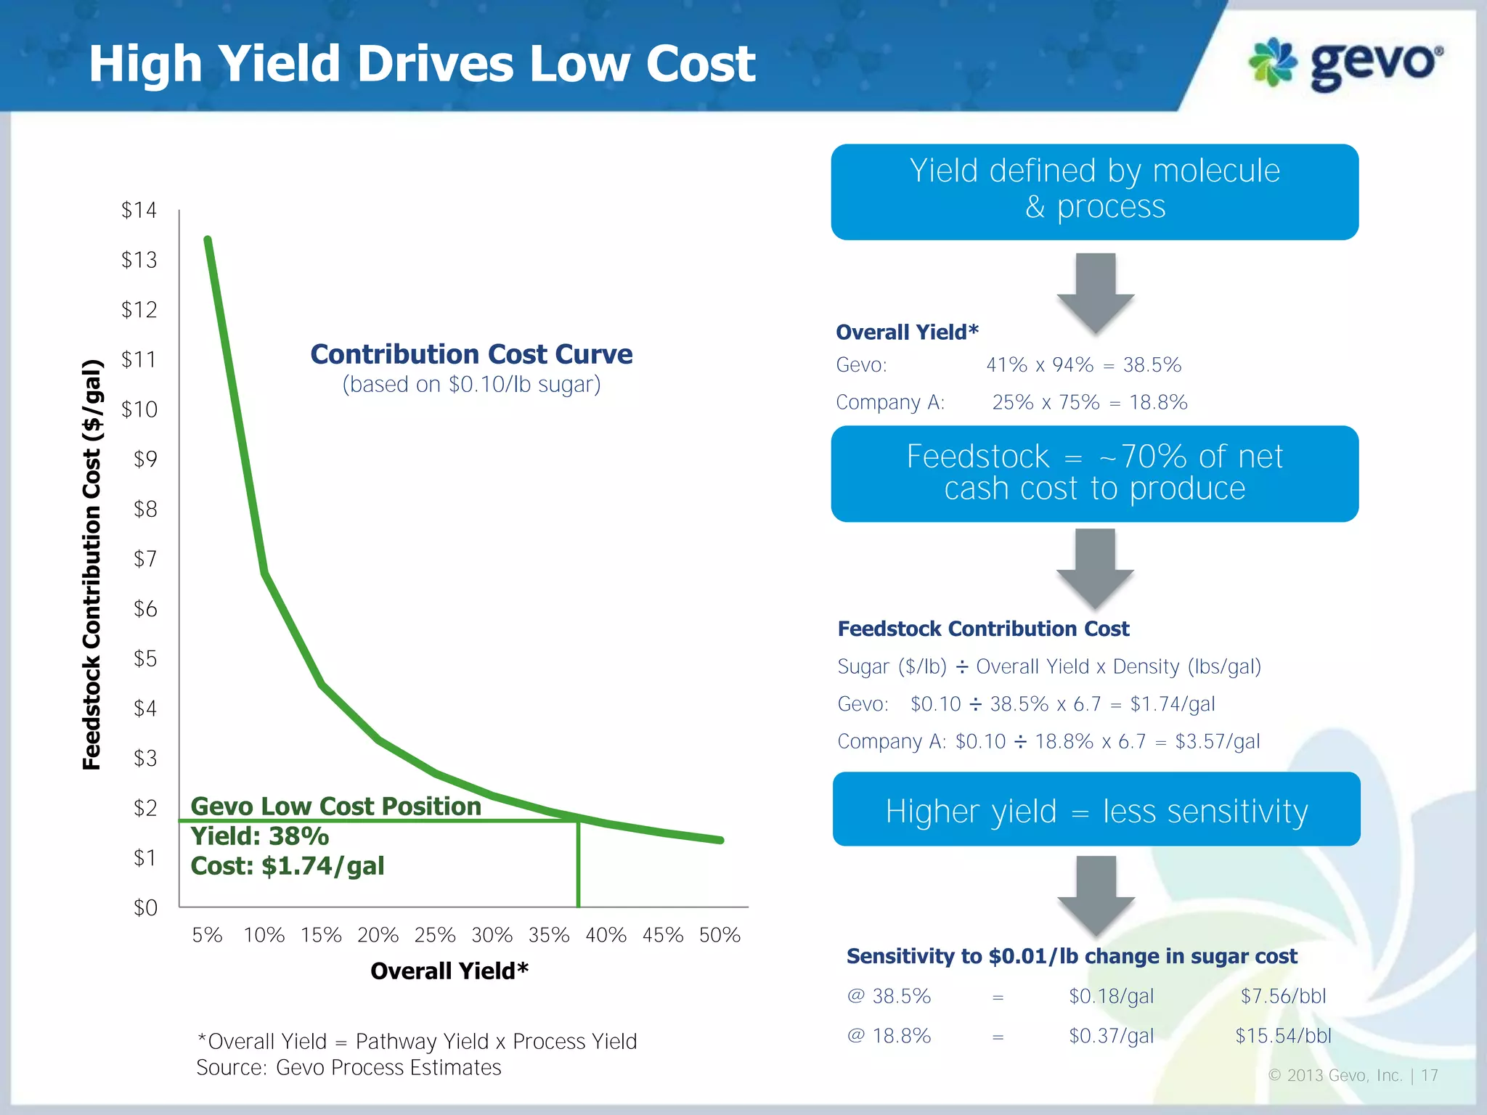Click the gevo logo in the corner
(1345, 64)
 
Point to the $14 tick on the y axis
(139, 211)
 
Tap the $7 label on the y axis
(145, 559)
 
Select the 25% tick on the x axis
(435, 935)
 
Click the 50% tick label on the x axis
(720, 935)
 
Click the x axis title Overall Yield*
(449, 971)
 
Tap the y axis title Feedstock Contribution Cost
(92, 564)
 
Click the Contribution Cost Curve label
(471, 354)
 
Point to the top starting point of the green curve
(208, 240)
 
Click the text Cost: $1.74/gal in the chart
(288, 866)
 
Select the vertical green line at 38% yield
(578, 864)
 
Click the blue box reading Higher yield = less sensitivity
(1096, 809)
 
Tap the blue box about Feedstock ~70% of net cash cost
(1094, 473)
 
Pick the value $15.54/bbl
(1283, 1036)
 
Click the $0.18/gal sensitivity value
(1111, 997)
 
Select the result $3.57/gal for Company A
(1218, 742)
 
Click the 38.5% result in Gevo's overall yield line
(1152, 365)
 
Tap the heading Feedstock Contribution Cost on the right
(983, 629)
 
